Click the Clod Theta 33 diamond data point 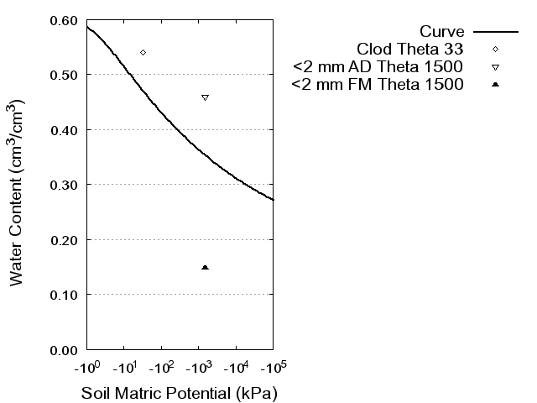point(143,52)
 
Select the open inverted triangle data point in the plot point(205,97)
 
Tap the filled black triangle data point point(205,267)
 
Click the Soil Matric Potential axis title point(179,393)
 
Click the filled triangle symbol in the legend point(496,85)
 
